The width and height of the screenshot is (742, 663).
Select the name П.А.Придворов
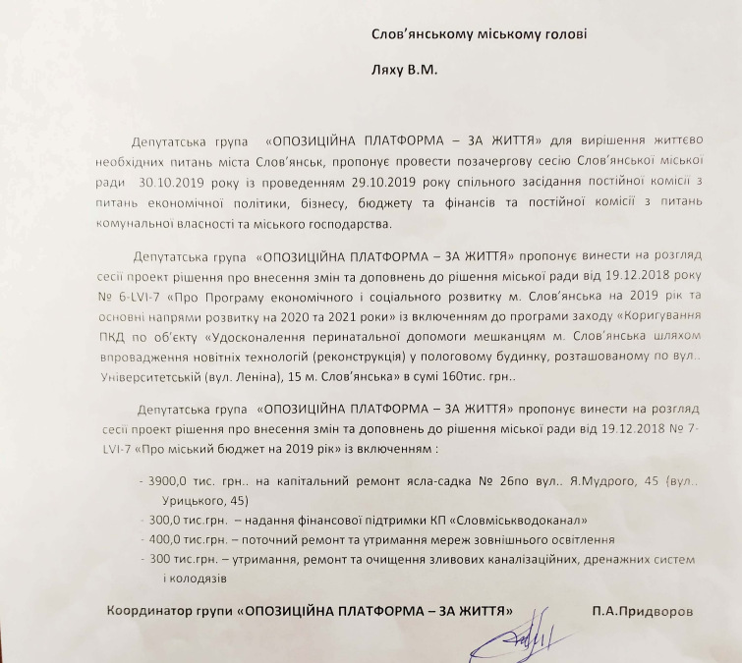[643, 611]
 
